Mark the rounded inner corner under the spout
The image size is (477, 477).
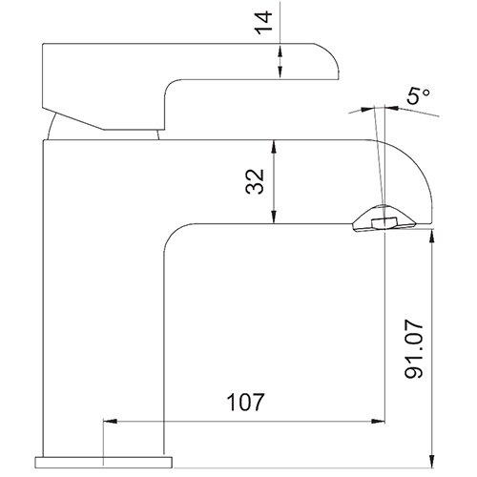pyautogui.click(x=175, y=238)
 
